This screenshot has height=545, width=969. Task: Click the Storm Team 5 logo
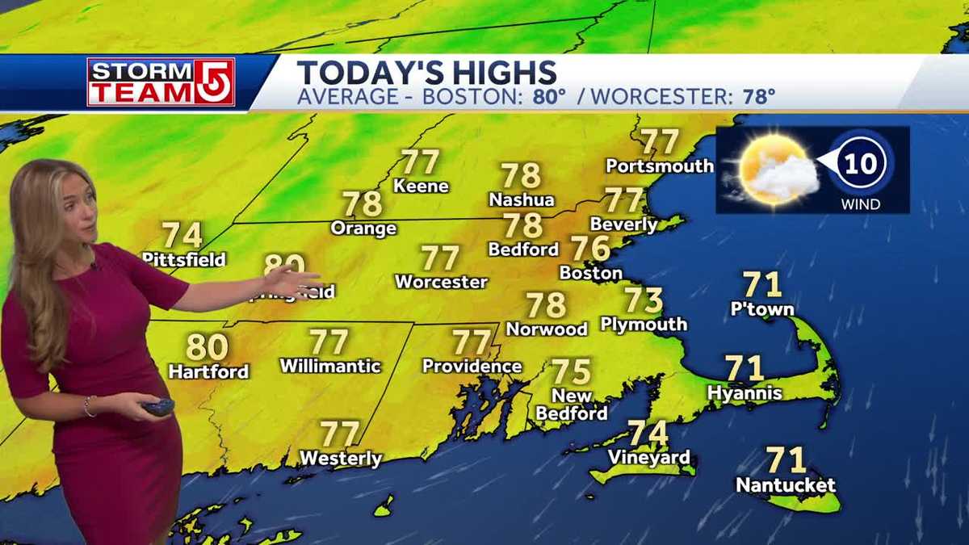[161, 82]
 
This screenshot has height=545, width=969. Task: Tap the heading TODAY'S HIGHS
[426, 72]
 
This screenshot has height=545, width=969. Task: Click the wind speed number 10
[861, 164]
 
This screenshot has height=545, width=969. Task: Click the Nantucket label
[785, 486]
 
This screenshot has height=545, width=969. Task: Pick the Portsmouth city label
[660, 166]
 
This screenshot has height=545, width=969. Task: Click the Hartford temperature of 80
[207, 347]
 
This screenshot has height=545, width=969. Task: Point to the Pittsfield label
[183, 260]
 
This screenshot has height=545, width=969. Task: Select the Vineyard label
[649, 458]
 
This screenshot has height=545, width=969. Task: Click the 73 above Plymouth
[644, 300]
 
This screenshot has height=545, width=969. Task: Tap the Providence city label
[472, 367]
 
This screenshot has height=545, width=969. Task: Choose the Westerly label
[340, 459]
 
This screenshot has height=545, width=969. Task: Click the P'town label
[761, 309]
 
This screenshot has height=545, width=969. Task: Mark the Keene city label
[421, 186]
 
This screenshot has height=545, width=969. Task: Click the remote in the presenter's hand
[157, 408]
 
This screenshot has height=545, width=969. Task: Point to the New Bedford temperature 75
[572, 372]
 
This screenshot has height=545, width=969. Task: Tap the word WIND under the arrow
[860, 204]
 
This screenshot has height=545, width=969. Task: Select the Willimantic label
[329, 366]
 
